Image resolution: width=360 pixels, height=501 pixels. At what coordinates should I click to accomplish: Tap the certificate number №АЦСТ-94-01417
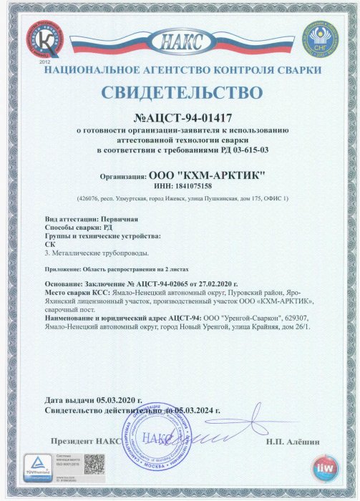coord(180,117)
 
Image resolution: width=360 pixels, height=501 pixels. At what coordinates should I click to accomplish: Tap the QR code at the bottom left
coord(94,464)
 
